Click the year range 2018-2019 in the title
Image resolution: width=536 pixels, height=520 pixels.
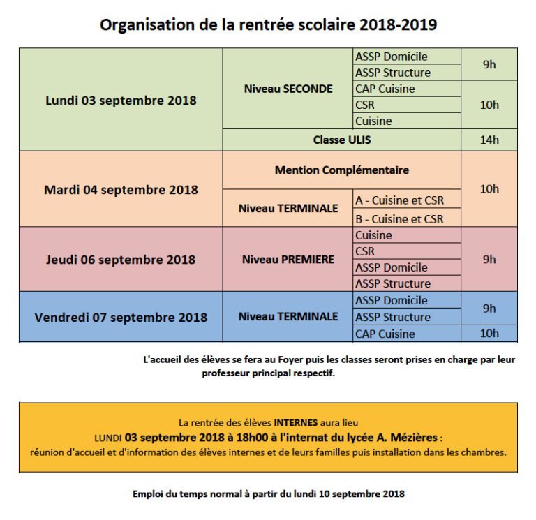click(x=399, y=25)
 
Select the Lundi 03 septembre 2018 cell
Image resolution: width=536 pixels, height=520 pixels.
click(x=121, y=100)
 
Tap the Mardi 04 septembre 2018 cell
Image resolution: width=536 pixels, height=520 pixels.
click(x=121, y=189)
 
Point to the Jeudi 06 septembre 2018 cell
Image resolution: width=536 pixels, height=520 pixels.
click(x=121, y=260)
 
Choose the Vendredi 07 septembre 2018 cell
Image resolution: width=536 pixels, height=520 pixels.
click(x=121, y=317)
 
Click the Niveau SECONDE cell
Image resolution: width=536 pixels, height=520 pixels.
click(x=288, y=89)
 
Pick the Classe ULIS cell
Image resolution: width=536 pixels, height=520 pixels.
click(x=342, y=140)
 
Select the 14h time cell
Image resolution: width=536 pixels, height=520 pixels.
click(x=489, y=140)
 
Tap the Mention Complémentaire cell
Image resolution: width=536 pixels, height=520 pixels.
click(x=342, y=170)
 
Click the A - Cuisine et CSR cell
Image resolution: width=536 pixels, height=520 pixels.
click(x=399, y=200)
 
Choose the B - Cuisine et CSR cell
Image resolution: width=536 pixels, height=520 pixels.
click(x=399, y=218)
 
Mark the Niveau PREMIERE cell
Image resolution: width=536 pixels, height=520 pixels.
click(x=288, y=260)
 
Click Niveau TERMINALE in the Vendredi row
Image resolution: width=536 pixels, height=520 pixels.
click(x=288, y=317)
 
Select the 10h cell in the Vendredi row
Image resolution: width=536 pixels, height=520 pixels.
click(x=489, y=334)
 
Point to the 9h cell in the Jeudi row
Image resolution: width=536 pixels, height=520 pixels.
click(x=489, y=259)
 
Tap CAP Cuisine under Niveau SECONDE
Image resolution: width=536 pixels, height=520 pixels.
click(x=385, y=89)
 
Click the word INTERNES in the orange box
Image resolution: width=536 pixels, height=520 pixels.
click(x=296, y=422)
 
